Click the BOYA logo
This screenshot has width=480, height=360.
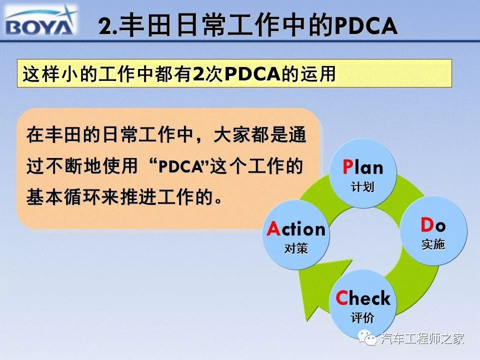[40, 20]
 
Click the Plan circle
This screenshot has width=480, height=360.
[363, 173]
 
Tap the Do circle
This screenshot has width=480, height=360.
[433, 231]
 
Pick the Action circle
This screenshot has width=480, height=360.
[296, 235]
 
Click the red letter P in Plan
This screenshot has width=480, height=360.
[348, 167]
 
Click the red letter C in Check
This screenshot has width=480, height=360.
[341, 297]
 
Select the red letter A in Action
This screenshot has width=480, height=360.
[273, 228]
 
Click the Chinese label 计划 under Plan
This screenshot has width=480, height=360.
[362, 186]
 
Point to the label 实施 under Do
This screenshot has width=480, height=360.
[433, 244]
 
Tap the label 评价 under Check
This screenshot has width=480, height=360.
[363, 317]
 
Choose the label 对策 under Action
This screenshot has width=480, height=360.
[296, 248]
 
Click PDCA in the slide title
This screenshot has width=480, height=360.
[366, 25]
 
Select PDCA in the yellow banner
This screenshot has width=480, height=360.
[252, 74]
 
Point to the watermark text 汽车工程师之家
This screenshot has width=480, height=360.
[422, 338]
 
